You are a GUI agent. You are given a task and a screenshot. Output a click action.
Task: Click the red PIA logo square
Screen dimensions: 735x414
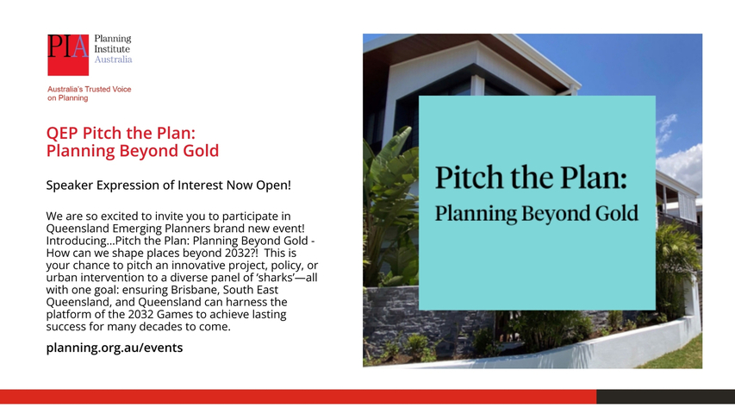[x=68, y=54]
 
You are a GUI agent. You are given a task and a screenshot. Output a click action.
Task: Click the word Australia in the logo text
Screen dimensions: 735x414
[x=113, y=60]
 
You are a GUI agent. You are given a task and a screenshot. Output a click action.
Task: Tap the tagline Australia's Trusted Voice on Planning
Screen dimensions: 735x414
[x=89, y=93]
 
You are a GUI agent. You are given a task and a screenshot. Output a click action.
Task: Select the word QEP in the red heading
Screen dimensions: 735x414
[x=62, y=133]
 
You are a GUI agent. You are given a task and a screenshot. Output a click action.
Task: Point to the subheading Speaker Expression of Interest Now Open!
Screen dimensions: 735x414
[x=168, y=185]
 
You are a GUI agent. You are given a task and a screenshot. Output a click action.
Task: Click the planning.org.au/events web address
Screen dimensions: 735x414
[x=115, y=348]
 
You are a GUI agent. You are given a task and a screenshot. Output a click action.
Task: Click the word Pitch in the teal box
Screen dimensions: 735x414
[x=470, y=178]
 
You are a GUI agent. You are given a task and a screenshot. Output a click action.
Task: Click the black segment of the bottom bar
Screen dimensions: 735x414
[x=665, y=396]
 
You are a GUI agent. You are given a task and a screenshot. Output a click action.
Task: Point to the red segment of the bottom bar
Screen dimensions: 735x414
[x=298, y=396]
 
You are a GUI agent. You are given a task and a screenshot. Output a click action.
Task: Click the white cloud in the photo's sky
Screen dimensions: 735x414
[x=681, y=164]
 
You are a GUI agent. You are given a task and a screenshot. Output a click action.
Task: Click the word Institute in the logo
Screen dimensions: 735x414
[x=112, y=49]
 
